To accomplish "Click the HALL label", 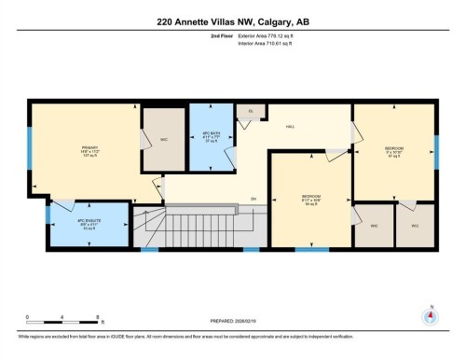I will point(290,126).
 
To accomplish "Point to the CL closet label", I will point(250,110).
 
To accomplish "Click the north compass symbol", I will point(430,315).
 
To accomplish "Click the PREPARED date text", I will point(232,323).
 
